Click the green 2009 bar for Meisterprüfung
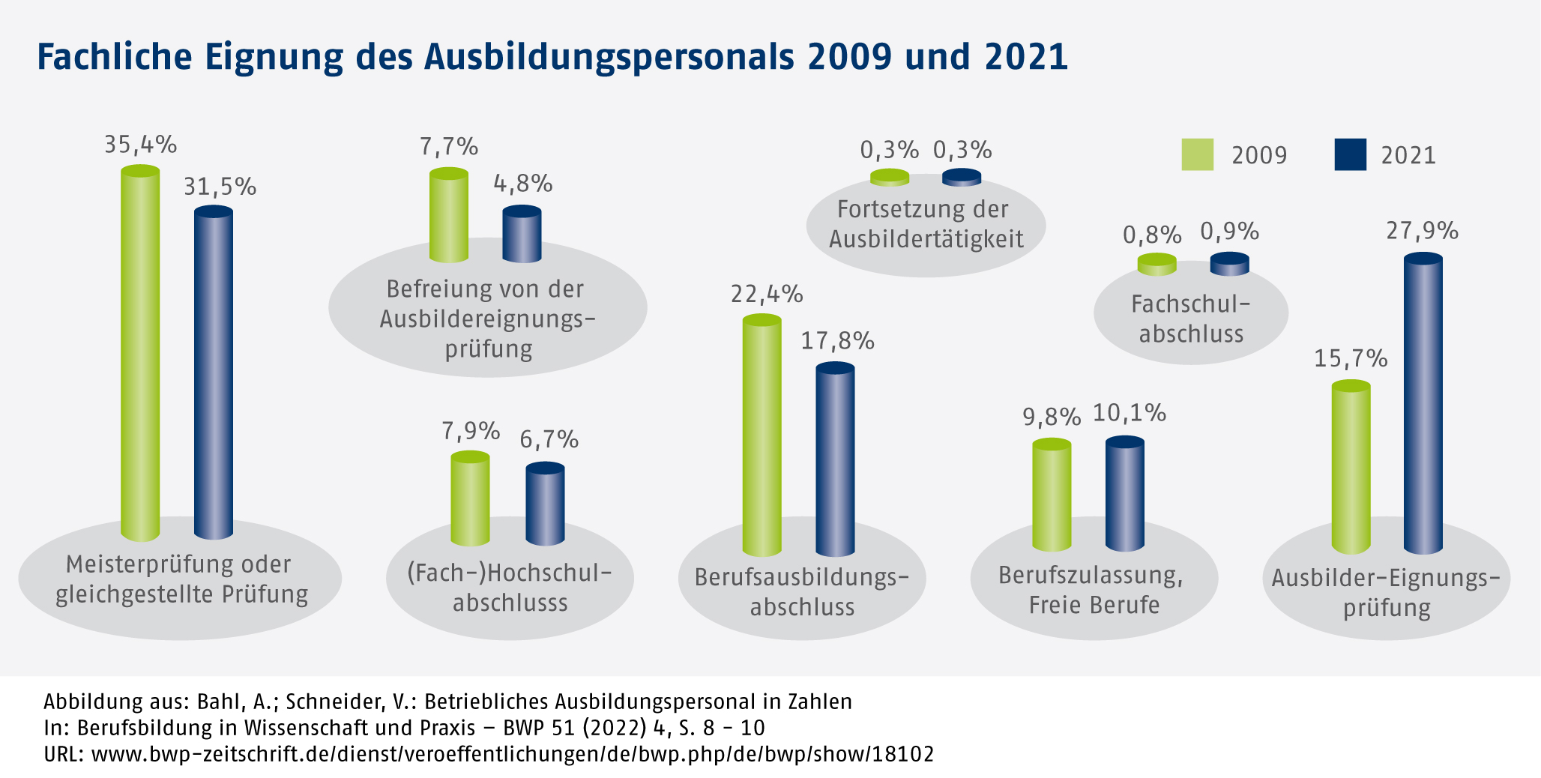point(140,352)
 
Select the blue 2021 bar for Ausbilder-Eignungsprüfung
point(1423,405)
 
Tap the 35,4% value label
point(140,144)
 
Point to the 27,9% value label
point(1422,231)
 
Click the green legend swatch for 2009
point(1197,154)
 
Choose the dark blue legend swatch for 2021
point(1350,154)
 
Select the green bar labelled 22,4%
point(762,435)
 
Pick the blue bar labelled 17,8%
point(835,459)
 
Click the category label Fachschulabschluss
point(1191,319)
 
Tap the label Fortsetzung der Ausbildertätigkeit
point(926,223)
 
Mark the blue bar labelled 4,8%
point(522,234)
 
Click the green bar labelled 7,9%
point(470,498)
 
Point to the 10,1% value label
point(1129,413)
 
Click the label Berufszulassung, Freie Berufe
point(1093,590)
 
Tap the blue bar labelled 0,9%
point(1229,264)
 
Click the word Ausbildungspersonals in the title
point(609,57)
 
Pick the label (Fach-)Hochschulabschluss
point(510,588)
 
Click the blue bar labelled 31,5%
point(214,373)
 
